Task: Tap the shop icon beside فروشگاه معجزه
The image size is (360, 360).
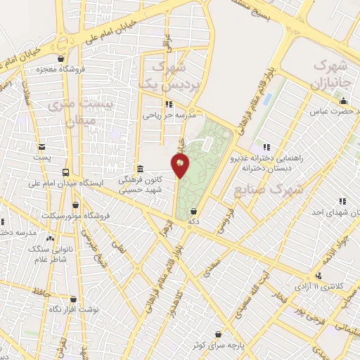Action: point(63,58)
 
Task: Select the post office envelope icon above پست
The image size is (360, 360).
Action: point(43,147)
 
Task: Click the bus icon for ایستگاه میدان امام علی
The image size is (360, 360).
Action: point(65,172)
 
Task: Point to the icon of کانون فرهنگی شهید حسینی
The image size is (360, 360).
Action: point(141,169)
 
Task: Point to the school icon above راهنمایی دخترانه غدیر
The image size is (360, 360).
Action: point(266,147)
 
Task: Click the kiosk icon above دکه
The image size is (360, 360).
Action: point(193,211)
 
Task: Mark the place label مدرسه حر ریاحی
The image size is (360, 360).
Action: point(173,113)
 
